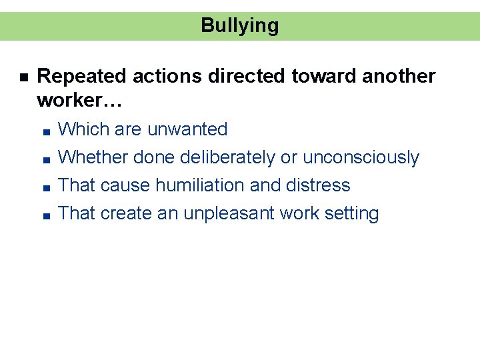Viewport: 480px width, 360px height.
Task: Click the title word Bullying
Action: pyautogui.click(x=239, y=26)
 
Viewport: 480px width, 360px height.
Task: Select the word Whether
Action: pyautogui.click(x=93, y=158)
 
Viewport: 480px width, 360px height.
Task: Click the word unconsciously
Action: pyautogui.click(x=361, y=158)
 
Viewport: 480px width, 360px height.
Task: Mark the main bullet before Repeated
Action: pyautogui.click(x=23, y=78)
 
